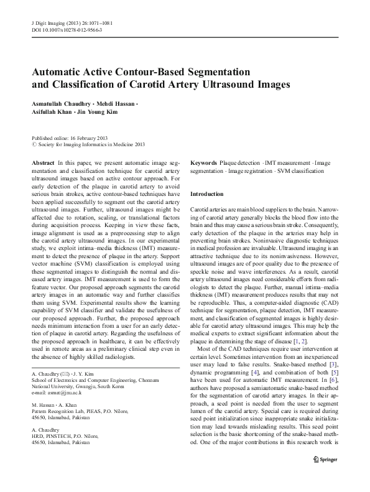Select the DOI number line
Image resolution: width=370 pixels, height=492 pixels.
coord(67,30)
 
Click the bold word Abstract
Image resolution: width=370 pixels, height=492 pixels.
coord(42,162)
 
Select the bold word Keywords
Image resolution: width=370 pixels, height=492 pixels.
coord(203,162)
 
